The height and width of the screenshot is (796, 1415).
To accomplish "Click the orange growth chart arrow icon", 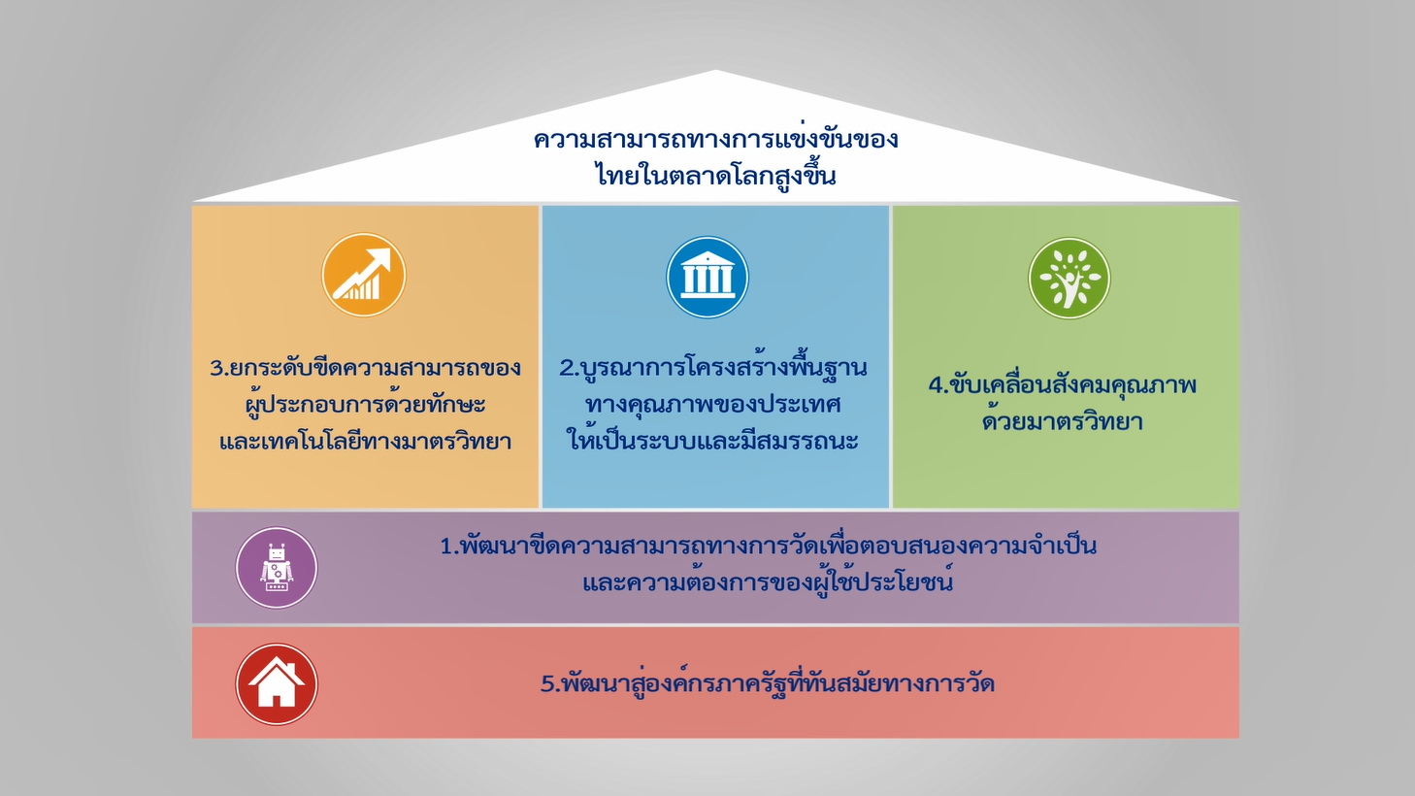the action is pyautogui.click(x=363, y=275).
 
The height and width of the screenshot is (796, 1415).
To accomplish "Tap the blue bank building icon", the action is pyautogui.click(x=707, y=277).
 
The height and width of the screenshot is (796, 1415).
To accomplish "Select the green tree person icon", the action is pyautogui.click(x=1069, y=278).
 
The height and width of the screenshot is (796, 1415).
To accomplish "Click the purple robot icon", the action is pyautogui.click(x=277, y=567).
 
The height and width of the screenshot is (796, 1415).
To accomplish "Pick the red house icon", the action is pyautogui.click(x=277, y=684).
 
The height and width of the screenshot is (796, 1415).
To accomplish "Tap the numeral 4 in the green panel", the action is pyautogui.click(x=937, y=385).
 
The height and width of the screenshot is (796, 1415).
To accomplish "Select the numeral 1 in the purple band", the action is pyautogui.click(x=446, y=547).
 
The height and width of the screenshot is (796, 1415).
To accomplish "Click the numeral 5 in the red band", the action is pyautogui.click(x=548, y=684).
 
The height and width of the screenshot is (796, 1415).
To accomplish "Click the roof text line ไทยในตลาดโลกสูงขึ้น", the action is pyautogui.click(x=715, y=174).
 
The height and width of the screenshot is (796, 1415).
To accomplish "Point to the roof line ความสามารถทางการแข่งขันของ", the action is pyautogui.click(x=715, y=138).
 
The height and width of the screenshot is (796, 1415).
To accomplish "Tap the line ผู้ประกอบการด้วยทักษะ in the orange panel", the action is pyautogui.click(x=365, y=405).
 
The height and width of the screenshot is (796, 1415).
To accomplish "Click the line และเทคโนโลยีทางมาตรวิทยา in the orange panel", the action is pyautogui.click(x=365, y=441).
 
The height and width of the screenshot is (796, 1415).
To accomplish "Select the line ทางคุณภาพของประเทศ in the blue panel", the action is pyautogui.click(x=713, y=405).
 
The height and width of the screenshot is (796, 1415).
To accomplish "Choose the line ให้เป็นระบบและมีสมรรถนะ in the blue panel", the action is pyautogui.click(x=713, y=439).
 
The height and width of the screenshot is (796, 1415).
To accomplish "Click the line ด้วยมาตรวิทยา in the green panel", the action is pyautogui.click(x=1063, y=420).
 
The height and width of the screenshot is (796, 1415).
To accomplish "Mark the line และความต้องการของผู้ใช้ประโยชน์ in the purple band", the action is pyautogui.click(x=768, y=581).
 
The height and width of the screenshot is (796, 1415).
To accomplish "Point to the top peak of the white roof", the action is pyautogui.click(x=715, y=70).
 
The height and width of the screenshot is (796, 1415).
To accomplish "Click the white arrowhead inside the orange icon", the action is pyautogui.click(x=378, y=260).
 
